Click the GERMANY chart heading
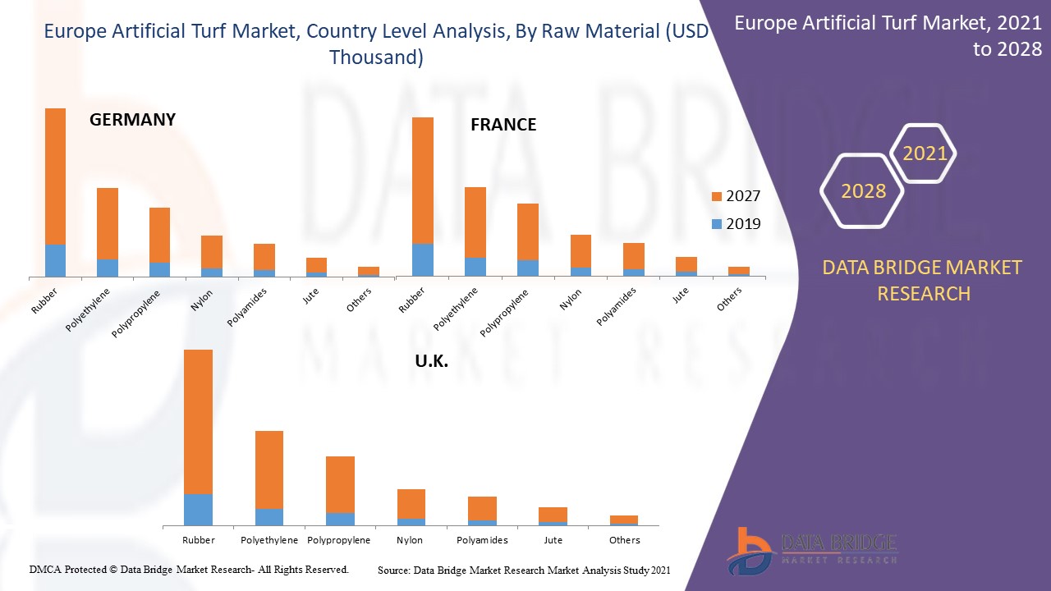[132, 120]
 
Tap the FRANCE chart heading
[503, 125]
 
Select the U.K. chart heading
[430, 361]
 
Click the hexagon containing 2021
[925, 153]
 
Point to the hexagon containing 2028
[863, 191]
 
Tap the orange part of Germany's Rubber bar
[55, 176]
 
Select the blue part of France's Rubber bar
[423, 259]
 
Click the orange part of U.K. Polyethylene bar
[269, 469]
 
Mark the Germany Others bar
[369, 272]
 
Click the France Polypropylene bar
[528, 239]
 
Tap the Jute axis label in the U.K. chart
[553, 540]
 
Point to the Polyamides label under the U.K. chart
[482, 540]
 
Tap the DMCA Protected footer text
[189, 569]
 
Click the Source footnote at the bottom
[524, 570]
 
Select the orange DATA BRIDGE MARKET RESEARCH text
[922, 280]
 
